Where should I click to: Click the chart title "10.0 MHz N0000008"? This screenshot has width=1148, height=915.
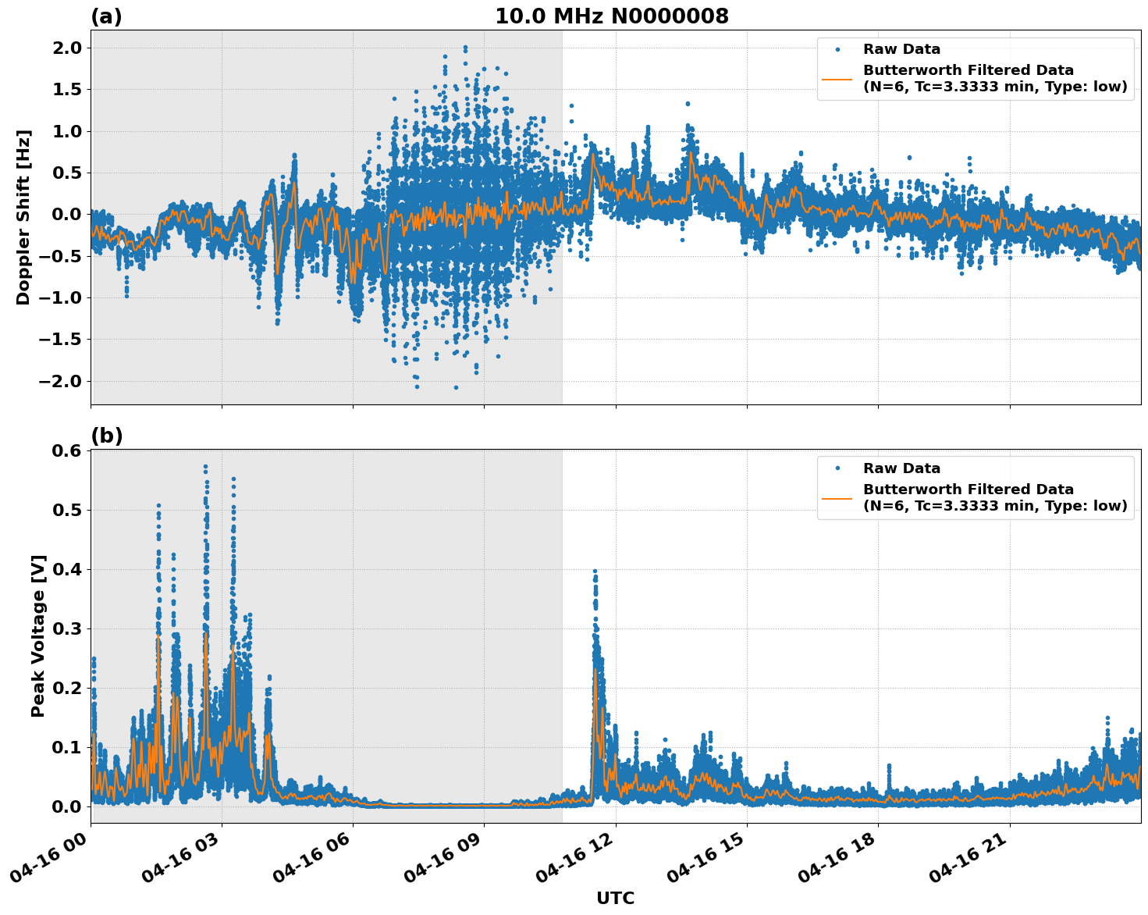pos(612,16)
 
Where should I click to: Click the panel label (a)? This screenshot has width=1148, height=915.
pos(106,16)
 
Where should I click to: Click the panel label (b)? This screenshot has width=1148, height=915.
pos(106,436)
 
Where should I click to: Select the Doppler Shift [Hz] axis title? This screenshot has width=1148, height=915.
pos(23,217)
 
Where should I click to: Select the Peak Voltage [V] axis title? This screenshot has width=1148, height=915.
pos(38,636)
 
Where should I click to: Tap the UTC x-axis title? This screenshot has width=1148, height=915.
pos(615,898)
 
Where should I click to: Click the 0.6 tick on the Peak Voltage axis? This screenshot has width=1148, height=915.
pos(67,451)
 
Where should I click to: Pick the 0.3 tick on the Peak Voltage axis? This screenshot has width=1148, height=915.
pos(67,628)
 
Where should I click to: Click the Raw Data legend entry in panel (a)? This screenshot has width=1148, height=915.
pos(901,49)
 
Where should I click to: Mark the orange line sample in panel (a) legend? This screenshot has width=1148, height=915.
pos(837,79)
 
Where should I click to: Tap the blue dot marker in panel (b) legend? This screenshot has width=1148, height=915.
pos(837,468)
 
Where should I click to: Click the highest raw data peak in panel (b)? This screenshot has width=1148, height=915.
pos(205,467)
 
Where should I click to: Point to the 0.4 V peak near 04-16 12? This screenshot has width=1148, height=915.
pos(595,571)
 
